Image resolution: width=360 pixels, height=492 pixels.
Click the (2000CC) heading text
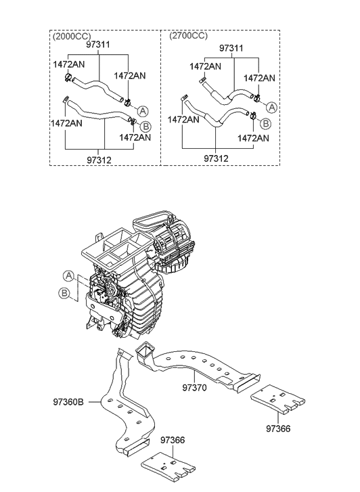pyautogui.click(x=72, y=36)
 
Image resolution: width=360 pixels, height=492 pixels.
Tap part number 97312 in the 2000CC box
pyautogui.click(x=100, y=160)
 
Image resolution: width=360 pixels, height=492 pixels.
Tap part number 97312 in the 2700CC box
pyautogui.click(x=215, y=158)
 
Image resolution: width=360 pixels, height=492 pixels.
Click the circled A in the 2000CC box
pyautogui.click(x=143, y=110)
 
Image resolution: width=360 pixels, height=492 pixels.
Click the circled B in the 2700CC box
pyautogui.click(x=265, y=123)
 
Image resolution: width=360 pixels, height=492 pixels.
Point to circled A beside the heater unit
pyautogui.click(x=69, y=275)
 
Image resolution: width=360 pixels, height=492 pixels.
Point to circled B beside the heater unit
pyautogui.click(x=64, y=293)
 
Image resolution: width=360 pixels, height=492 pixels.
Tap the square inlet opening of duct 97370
pyautogui.click(x=144, y=351)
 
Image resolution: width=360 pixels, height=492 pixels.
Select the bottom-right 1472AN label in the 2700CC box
pyautogui.click(x=254, y=137)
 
